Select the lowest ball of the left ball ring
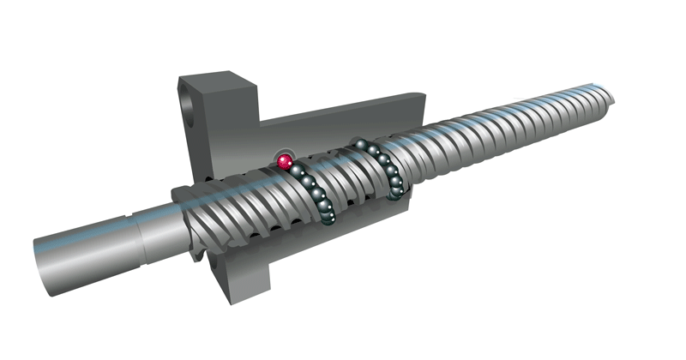pos(328,221)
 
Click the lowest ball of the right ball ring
pos(395,196)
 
